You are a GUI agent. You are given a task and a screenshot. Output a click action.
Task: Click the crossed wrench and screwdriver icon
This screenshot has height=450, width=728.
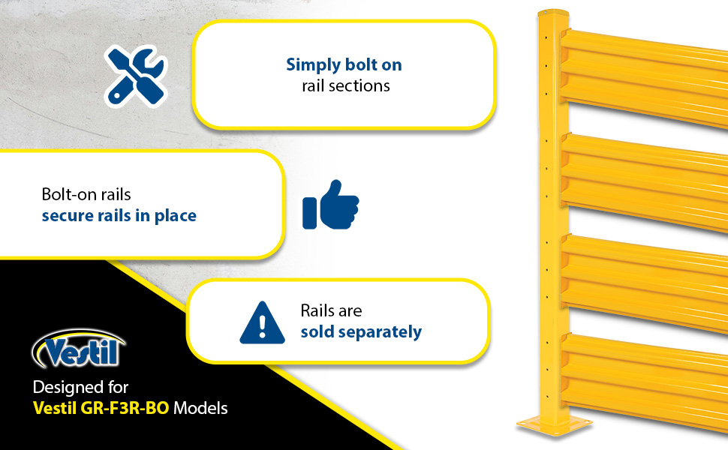click(x=136, y=76)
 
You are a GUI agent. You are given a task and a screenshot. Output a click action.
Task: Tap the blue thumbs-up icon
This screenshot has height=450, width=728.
click(x=330, y=205)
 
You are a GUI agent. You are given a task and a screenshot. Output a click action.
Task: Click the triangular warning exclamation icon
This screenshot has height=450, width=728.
click(x=263, y=323)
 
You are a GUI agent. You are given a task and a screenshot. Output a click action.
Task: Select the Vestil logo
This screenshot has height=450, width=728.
click(x=79, y=349)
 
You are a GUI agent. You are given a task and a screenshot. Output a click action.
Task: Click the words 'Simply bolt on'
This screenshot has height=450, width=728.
click(x=344, y=64)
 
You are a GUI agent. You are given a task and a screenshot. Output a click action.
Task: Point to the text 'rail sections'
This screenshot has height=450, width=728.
click(x=346, y=85)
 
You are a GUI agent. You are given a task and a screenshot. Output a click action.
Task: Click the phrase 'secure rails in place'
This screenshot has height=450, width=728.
click(x=119, y=216)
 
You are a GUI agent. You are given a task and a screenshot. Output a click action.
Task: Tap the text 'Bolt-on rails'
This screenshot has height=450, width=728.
click(x=86, y=194)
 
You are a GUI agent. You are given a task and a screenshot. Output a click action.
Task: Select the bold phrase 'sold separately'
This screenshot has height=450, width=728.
click(x=361, y=332)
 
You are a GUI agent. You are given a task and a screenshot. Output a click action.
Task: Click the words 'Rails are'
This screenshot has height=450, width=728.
click(x=331, y=310)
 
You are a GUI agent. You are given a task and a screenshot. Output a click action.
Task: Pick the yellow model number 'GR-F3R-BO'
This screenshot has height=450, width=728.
click(x=125, y=408)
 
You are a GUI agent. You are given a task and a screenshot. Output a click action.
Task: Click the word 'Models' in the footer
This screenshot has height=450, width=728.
click(x=200, y=408)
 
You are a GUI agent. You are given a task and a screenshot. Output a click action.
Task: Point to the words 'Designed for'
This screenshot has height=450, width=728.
click(x=80, y=387)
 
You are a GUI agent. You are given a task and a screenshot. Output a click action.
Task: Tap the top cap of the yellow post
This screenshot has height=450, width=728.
click(x=553, y=13)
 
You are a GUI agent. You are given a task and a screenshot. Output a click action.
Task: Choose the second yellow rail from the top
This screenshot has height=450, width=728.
click(x=645, y=178)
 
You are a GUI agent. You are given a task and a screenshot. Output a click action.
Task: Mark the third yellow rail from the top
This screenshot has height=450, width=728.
click(x=645, y=278)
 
